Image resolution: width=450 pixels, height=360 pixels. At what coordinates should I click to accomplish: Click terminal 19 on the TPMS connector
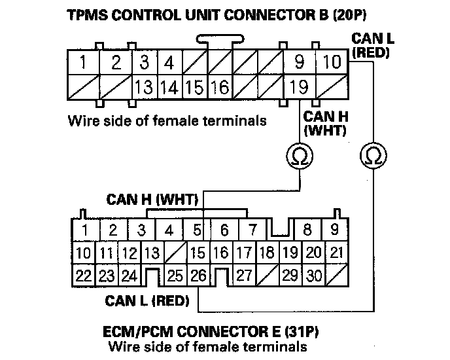(x=300, y=86)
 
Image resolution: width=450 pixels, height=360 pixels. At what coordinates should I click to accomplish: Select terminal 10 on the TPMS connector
(x=332, y=63)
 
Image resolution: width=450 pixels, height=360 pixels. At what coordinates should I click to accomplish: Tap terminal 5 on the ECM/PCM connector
(x=196, y=230)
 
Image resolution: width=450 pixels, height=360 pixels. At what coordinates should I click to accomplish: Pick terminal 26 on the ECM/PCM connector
(x=198, y=276)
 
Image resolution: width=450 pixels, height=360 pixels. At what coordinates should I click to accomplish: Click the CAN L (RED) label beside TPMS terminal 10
(x=371, y=45)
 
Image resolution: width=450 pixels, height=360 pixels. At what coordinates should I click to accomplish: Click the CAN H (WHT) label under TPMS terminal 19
(x=325, y=123)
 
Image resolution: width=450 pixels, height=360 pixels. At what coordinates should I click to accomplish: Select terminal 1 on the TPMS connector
(x=83, y=63)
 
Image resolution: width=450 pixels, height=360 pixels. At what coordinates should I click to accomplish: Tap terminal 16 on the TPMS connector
(x=220, y=86)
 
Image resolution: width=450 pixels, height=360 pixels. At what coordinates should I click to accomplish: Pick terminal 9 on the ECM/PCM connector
(x=334, y=230)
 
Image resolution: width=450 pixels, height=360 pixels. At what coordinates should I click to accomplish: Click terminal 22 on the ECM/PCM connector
(x=83, y=276)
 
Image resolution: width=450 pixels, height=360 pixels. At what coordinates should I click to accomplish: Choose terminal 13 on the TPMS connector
(x=145, y=86)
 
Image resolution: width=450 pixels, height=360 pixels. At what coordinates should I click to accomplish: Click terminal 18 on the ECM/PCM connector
(x=266, y=253)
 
